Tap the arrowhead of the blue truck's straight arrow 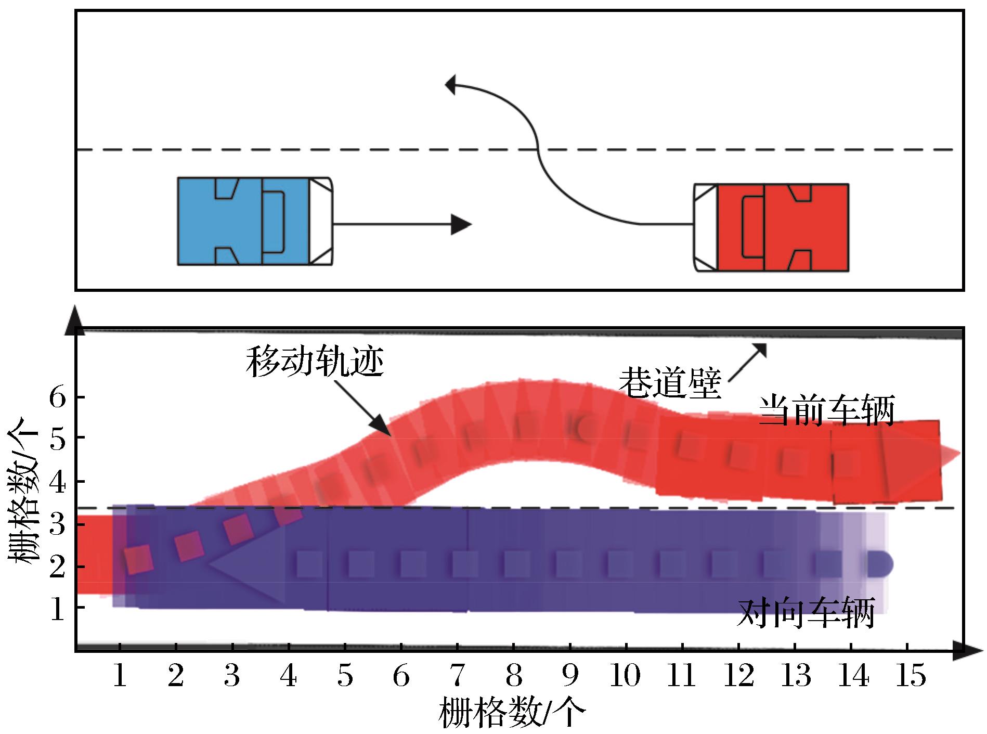click(x=461, y=224)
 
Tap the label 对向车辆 click(x=806, y=614)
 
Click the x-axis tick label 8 click(x=513, y=676)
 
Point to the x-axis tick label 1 click(x=120, y=676)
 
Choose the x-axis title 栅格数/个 click(x=512, y=713)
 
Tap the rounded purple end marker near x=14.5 click(x=880, y=564)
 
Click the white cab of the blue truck click(x=321, y=222)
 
